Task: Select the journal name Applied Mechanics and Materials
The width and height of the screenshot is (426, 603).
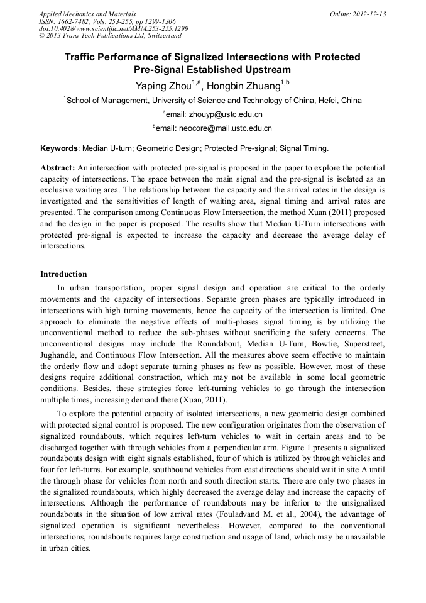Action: click(x=87, y=14)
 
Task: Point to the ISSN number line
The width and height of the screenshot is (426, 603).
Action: click(x=107, y=21)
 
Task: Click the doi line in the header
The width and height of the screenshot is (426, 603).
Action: click(x=113, y=29)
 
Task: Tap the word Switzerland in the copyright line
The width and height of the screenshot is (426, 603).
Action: click(x=168, y=36)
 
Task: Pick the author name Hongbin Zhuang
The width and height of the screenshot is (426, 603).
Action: click(x=244, y=86)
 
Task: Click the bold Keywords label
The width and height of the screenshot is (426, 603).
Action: click(x=60, y=149)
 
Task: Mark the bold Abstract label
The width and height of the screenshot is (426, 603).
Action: click(x=58, y=169)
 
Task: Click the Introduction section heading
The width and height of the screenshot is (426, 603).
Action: click(x=63, y=274)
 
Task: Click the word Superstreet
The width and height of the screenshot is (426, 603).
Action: click(x=362, y=344)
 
